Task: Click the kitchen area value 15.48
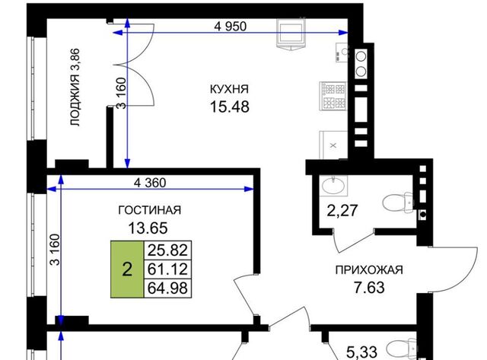pyautogui.click(x=230, y=107)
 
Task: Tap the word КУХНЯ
pyautogui.click(x=230, y=89)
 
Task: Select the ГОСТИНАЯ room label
pyautogui.click(x=150, y=210)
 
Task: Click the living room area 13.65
pyautogui.click(x=148, y=228)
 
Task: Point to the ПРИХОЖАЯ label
pyautogui.click(x=369, y=270)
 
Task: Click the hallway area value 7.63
pyautogui.click(x=369, y=288)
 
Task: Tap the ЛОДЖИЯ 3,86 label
pyautogui.click(x=75, y=88)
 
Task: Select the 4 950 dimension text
pyautogui.click(x=230, y=27)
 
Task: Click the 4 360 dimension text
pyautogui.click(x=150, y=183)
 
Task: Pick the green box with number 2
pyautogui.click(x=127, y=269)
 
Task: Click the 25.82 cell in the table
pyautogui.click(x=167, y=250)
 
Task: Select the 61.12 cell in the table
pyautogui.click(x=167, y=269)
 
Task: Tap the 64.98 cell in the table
pyautogui.click(x=167, y=288)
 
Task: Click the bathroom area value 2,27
pyautogui.click(x=342, y=211)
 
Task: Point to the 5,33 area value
pyautogui.click(x=362, y=352)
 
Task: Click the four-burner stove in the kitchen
pyautogui.click(x=333, y=96)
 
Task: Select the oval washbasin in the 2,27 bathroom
pyautogui.click(x=333, y=186)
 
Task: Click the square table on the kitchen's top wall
pyautogui.click(x=291, y=33)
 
